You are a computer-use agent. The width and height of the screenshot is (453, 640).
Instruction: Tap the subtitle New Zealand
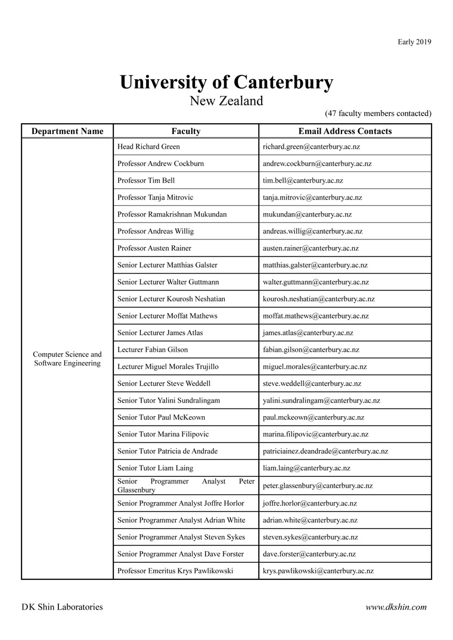point(226,101)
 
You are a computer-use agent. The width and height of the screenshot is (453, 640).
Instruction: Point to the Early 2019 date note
point(414,42)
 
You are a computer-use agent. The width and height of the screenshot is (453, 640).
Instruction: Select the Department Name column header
point(67,131)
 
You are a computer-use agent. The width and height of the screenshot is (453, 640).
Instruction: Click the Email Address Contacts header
point(345,131)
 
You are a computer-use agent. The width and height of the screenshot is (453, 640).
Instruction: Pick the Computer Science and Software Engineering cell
point(67,358)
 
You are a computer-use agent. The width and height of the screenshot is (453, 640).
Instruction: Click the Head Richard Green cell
point(148,146)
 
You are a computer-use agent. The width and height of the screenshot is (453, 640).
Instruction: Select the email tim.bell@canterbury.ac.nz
point(303,180)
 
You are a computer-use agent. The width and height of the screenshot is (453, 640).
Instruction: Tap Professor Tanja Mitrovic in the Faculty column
point(155,197)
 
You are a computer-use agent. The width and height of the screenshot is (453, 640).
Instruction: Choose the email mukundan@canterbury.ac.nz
point(307,214)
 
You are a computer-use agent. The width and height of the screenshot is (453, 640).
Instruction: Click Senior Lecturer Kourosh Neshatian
point(171,299)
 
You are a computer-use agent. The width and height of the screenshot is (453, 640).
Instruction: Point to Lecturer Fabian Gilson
point(153,349)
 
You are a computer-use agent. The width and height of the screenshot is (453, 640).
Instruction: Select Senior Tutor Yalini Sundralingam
point(169,401)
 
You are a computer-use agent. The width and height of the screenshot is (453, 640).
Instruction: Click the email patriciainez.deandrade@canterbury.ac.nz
point(325,451)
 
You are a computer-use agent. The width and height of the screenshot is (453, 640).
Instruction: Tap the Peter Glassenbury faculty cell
point(186,485)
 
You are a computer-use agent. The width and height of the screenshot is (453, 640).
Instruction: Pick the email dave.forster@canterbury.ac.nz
point(309,554)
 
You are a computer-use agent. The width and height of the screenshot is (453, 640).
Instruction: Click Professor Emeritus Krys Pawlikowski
point(175,571)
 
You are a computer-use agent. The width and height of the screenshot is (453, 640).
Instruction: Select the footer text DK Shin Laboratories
point(62,607)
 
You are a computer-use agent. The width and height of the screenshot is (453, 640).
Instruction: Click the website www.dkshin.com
point(396,607)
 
